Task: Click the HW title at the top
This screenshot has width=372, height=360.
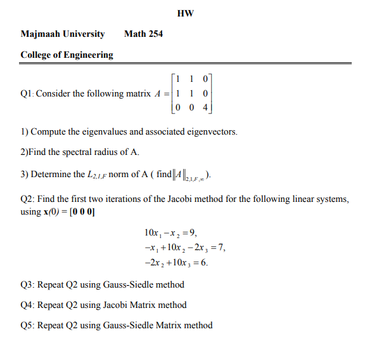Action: point(186,13)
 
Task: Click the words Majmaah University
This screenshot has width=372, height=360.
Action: point(62,34)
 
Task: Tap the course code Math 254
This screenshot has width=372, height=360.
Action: point(143,34)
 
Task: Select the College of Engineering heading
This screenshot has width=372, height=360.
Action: point(67,55)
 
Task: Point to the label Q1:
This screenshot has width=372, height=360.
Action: point(27,94)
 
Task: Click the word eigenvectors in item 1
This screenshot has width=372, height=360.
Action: point(208,132)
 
